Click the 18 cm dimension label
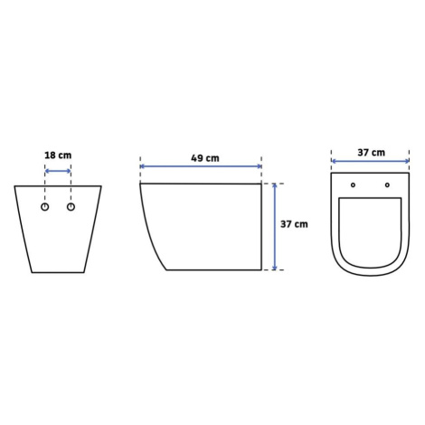58,156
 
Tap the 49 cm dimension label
205,158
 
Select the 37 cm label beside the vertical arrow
294,224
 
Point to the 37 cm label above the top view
372,153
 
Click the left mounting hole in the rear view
45,207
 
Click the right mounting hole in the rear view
71,207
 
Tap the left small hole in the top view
353,185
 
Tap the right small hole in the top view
387,185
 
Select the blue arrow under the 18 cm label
58,171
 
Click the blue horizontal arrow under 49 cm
201,166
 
